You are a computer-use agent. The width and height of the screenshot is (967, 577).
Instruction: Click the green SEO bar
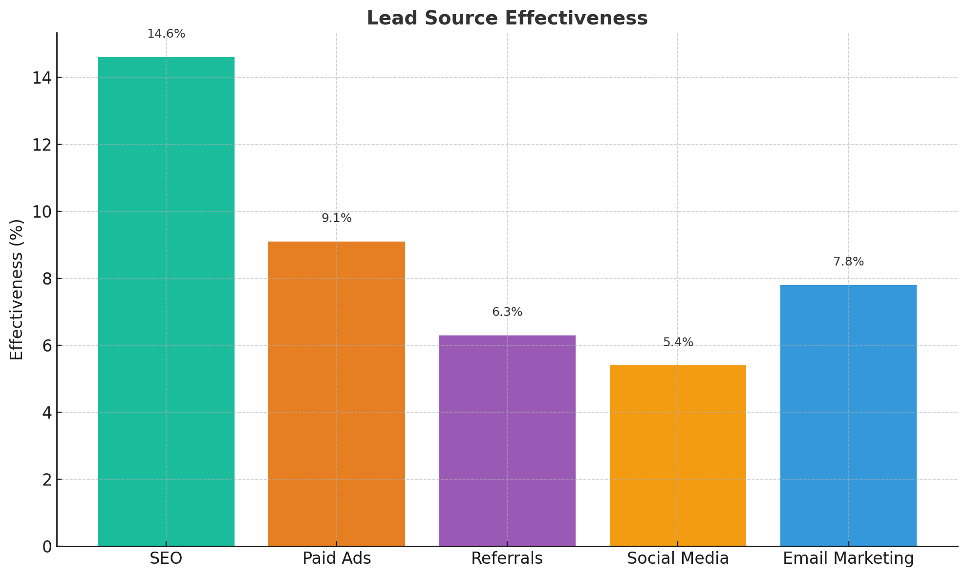click(166, 301)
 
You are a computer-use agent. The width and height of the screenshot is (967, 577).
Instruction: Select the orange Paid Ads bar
click(336, 394)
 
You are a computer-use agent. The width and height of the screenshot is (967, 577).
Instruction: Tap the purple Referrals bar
click(507, 440)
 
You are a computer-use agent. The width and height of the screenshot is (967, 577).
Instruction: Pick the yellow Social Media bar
click(678, 455)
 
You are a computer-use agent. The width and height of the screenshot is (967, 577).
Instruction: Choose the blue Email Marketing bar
click(848, 415)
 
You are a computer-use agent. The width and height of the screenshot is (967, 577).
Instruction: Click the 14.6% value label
click(166, 34)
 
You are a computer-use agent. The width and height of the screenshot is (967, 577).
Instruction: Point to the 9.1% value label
click(337, 219)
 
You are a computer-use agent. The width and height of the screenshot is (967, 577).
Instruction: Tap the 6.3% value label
click(507, 312)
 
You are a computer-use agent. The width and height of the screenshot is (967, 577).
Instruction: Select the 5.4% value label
click(678, 343)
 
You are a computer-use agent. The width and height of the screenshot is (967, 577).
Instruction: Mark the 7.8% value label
click(848, 262)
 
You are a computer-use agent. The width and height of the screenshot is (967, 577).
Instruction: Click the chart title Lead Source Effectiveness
click(507, 19)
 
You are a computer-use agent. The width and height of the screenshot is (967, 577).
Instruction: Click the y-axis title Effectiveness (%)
click(17, 289)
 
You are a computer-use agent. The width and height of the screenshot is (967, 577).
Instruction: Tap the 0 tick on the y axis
click(46, 547)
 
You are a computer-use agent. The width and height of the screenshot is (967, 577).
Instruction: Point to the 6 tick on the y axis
click(46, 346)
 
